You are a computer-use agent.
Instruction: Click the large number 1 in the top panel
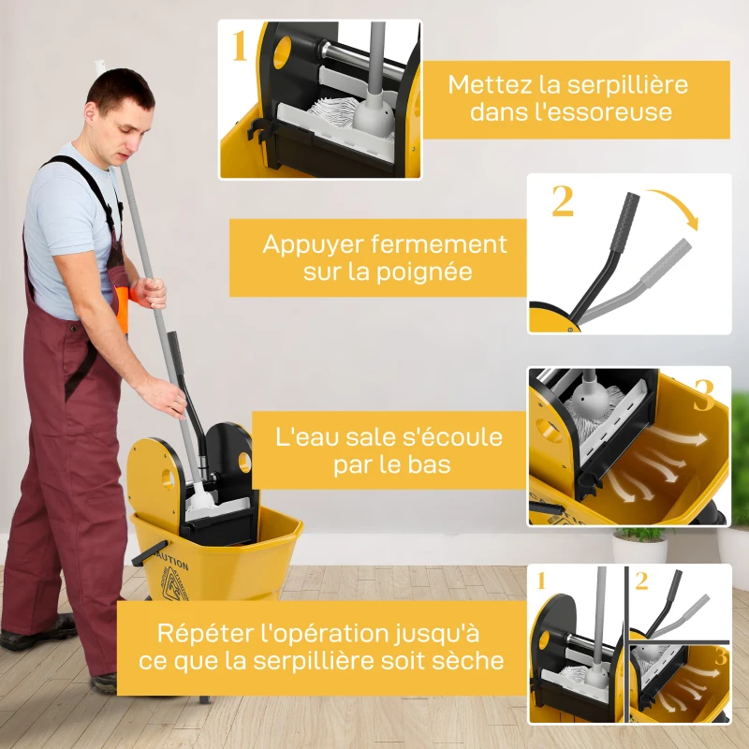click(240, 45)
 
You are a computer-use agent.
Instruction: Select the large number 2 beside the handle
click(562, 201)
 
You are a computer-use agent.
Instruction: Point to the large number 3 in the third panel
click(704, 395)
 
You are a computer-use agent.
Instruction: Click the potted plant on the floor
click(639, 543)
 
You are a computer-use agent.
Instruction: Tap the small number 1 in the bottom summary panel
click(541, 580)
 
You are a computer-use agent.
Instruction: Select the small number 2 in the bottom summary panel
click(641, 580)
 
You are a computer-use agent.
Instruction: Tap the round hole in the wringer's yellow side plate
click(168, 478)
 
